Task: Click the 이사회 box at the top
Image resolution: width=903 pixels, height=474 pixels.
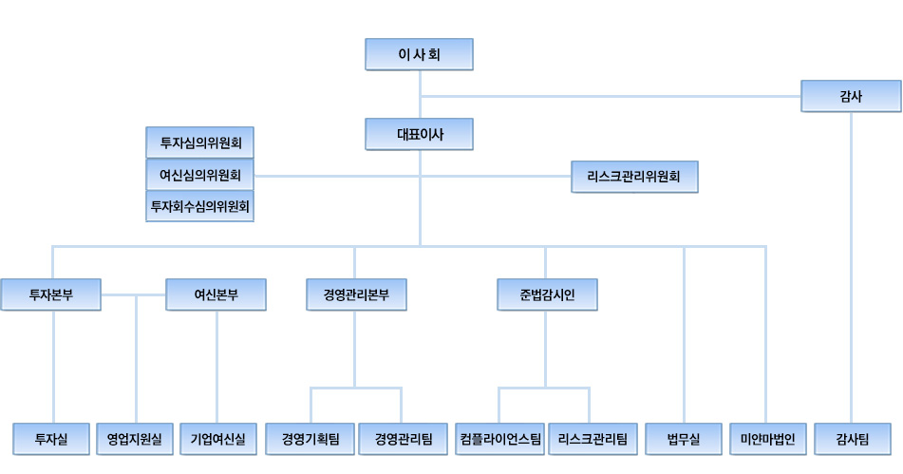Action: tap(419, 54)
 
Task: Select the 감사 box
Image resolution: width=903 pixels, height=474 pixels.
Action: tap(851, 96)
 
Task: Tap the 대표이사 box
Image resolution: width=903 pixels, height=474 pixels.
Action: tap(419, 134)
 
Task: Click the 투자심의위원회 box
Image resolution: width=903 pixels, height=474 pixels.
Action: tap(200, 142)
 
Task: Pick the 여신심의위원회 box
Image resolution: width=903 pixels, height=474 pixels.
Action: tap(200, 175)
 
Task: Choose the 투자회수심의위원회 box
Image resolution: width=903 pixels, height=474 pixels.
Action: tap(200, 205)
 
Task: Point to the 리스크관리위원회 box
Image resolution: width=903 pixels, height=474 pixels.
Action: tap(634, 177)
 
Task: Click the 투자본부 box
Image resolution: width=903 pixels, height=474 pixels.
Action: tap(51, 294)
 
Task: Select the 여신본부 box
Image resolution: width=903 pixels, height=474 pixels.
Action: tap(216, 294)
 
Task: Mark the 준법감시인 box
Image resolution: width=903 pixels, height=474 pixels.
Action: tap(547, 294)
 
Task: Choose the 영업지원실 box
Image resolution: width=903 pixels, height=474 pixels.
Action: tap(135, 439)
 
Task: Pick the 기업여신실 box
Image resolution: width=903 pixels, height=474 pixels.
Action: tap(217, 439)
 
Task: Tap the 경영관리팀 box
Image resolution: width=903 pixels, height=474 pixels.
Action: tap(403, 439)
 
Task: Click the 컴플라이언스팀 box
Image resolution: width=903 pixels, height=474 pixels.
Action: tap(500, 439)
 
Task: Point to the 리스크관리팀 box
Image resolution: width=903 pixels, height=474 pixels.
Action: tap(593, 439)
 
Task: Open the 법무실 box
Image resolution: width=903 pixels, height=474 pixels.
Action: tap(684, 439)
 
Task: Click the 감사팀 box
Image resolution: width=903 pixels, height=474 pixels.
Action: tap(853, 439)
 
